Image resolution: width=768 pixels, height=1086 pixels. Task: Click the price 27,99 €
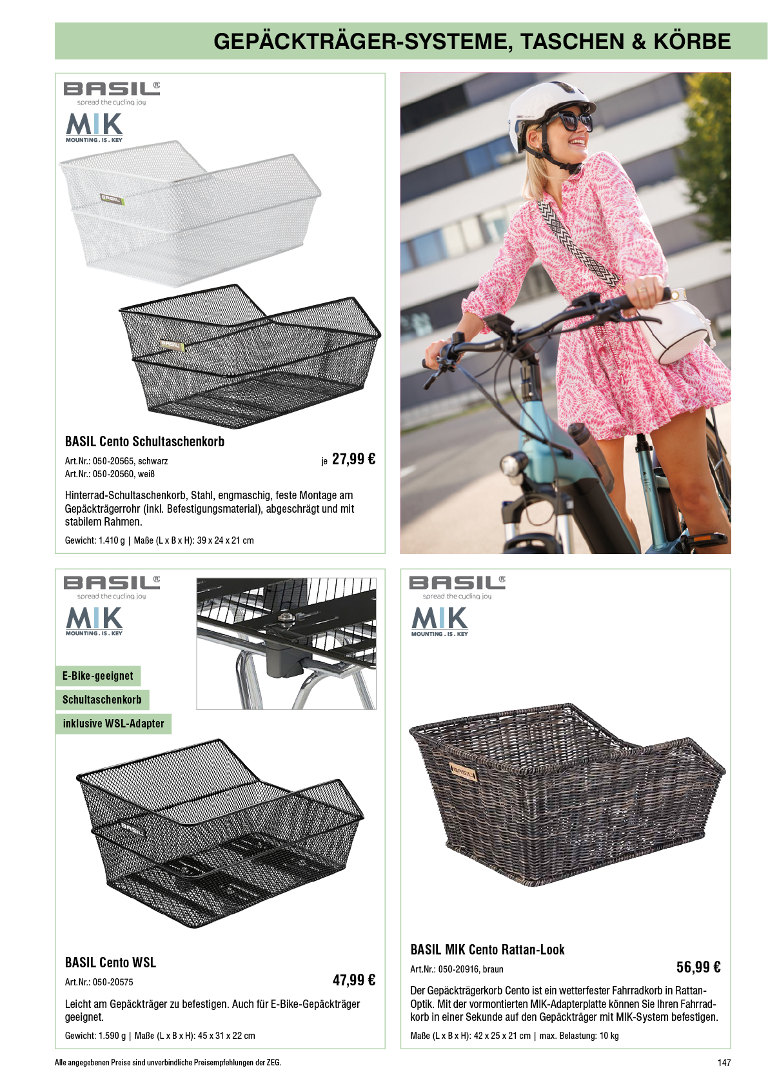[353, 459]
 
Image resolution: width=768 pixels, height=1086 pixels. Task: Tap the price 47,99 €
[354, 980]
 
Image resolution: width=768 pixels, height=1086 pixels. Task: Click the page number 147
[724, 1062]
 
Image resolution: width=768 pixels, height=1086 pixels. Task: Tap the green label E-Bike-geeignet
[98, 675]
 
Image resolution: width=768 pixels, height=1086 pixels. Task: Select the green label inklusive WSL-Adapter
[113, 724]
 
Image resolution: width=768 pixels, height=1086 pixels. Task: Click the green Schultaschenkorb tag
[103, 700]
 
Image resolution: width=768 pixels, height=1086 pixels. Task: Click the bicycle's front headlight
[513, 466]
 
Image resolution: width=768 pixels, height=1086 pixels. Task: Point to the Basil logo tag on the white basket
[112, 198]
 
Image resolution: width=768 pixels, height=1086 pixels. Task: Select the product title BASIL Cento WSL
[110, 962]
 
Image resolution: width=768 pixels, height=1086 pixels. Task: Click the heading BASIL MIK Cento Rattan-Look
[487, 949]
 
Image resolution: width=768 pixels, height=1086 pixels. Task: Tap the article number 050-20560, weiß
[110, 473]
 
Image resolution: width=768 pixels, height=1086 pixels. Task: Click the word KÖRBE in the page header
[692, 41]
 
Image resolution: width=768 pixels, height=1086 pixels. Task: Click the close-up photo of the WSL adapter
[286, 644]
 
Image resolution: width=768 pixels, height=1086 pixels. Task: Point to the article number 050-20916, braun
[457, 969]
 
